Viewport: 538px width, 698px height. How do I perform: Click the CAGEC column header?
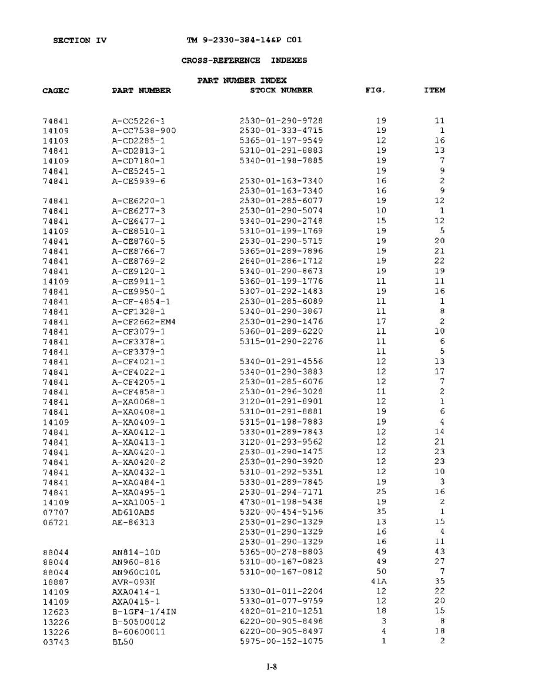(56, 90)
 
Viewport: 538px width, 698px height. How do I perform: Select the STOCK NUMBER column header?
(281, 90)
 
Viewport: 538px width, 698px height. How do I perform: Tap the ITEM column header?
(435, 90)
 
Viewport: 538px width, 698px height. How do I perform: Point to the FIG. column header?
(375, 90)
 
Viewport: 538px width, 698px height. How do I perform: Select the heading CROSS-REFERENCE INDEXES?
(244, 61)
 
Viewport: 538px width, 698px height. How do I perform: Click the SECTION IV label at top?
(79, 41)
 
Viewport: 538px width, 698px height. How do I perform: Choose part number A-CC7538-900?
(143, 130)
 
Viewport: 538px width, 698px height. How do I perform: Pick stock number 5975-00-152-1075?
(281, 641)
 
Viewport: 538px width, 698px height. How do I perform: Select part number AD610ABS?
(133, 512)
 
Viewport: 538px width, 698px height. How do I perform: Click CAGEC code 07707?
(55, 512)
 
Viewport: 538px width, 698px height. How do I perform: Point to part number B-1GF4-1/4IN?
(143, 611)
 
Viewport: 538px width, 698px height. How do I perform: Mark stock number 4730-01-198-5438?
(281, 502)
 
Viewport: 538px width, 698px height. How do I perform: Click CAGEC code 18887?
(55, 581)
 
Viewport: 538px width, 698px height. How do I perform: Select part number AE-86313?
(133, 522)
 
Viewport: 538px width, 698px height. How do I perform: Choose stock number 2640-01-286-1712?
(281, 261)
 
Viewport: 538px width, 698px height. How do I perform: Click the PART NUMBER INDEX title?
(242, 80)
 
